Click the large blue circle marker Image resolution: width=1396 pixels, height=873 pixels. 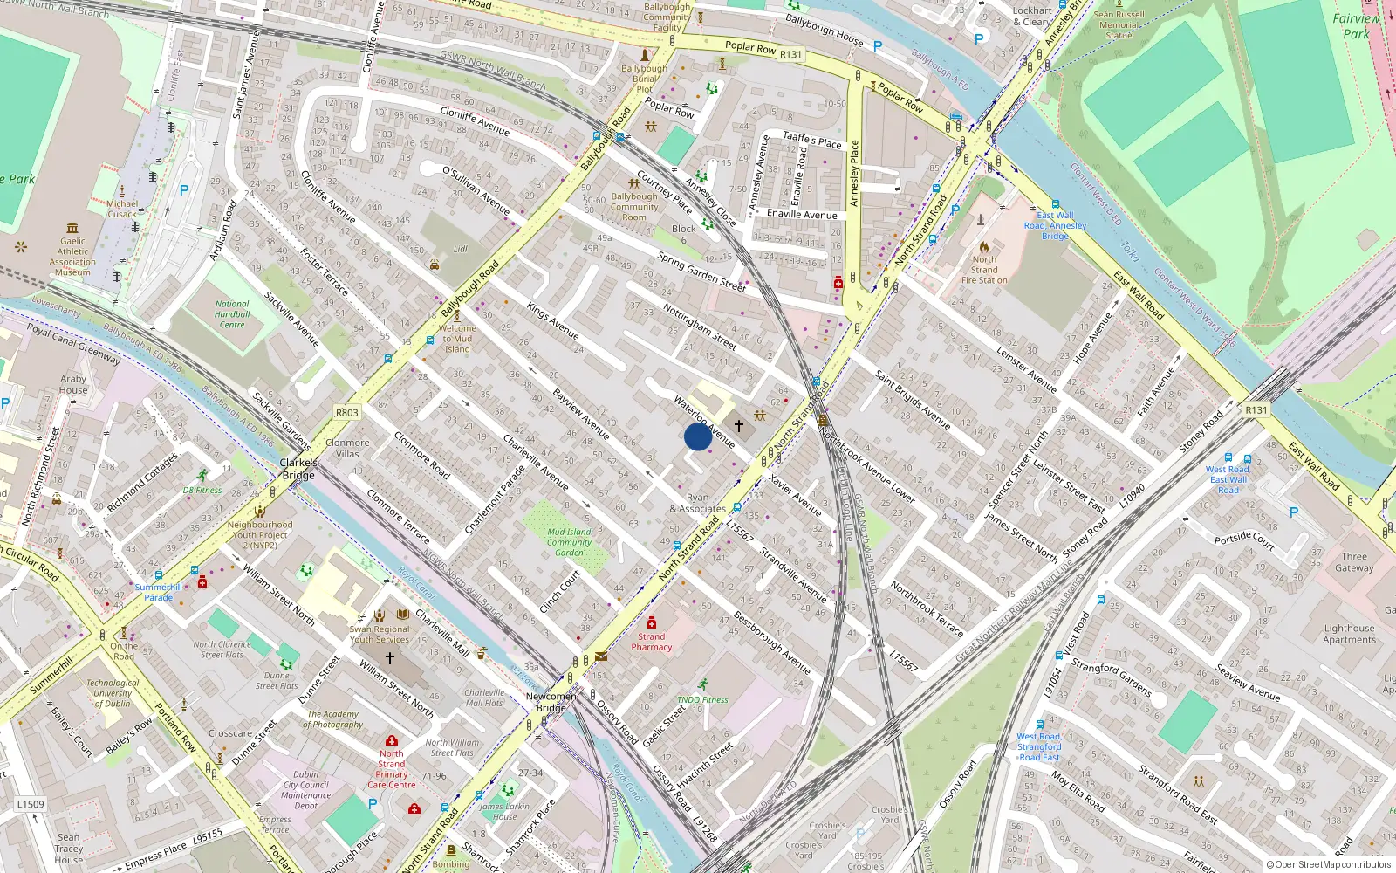(x=697, y=436)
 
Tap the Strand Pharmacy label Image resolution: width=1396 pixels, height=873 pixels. (x=652, y=642)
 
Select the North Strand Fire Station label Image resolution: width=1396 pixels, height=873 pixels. (x=984, y=270)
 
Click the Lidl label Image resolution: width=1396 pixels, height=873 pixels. (x=460, y=250)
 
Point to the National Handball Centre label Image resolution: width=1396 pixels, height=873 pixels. (x=232, y=314)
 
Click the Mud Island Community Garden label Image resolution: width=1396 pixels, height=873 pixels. (x=569, y=542)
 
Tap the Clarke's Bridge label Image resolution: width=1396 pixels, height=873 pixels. (x=298, y=469)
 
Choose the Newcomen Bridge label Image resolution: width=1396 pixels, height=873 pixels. (x=551, y=702)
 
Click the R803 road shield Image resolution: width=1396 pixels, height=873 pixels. (x=347, y=413)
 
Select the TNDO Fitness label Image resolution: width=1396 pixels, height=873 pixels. (x=702, y=699)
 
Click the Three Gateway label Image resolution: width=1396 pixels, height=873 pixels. (x=1354, y=562)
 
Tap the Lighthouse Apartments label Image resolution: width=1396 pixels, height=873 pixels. (x=1349, y=634)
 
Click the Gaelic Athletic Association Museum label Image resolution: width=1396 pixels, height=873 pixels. (x=72, y=257)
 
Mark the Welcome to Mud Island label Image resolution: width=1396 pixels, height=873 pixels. (x=457, y=339)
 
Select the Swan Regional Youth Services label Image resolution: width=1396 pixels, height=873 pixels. (x=380, y=634)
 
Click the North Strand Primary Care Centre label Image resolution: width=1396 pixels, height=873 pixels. (x=392, y=769)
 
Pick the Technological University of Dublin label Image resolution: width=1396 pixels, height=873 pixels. (x=113, y=693)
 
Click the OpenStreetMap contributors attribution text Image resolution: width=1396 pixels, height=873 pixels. (x=1328, y=864)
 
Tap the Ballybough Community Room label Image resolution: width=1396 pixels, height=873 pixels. (x=634, y=207)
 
